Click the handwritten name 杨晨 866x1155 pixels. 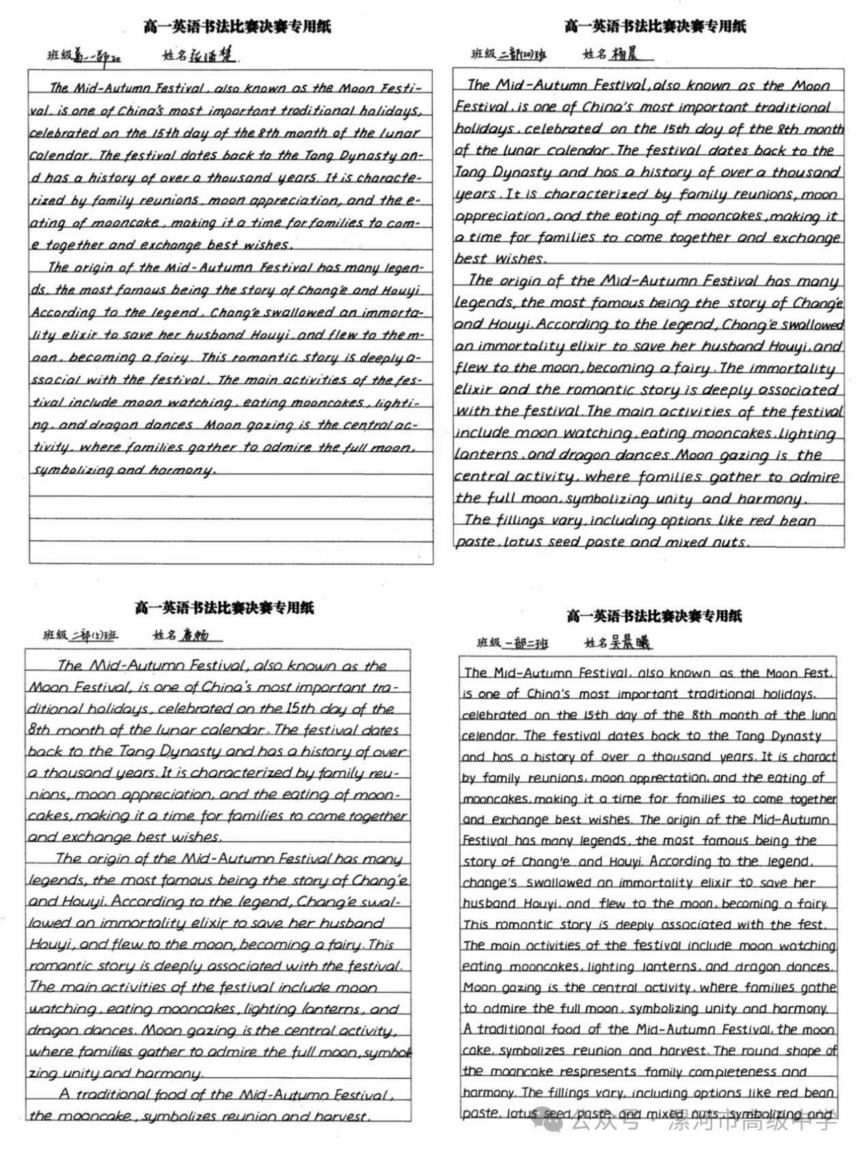(625, 54)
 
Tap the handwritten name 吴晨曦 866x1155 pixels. (632, 642)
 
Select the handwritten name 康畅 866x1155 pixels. (195, 635)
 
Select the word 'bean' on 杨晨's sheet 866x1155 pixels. (797, 520)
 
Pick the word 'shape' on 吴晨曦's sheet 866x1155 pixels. (800, 1050)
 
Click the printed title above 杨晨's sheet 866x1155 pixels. (655, 26)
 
